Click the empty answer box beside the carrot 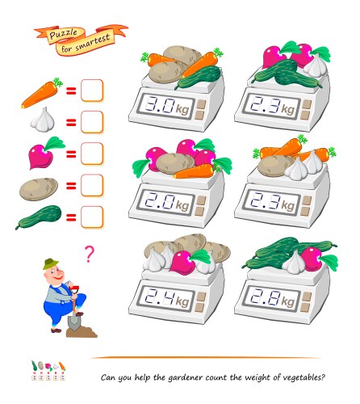coord(92,90)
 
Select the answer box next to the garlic coord(92,122)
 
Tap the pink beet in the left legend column coord(46,153)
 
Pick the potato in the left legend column coord(39,189)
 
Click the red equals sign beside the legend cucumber coord(71,217)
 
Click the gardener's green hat coord(51,263)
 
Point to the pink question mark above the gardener coord(90,254)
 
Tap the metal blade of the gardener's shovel coord(73,322)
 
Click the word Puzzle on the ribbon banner coord(63,34)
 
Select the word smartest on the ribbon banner coord(93,42)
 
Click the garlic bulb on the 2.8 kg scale coord(294,263)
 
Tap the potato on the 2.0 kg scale coord(175,163)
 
